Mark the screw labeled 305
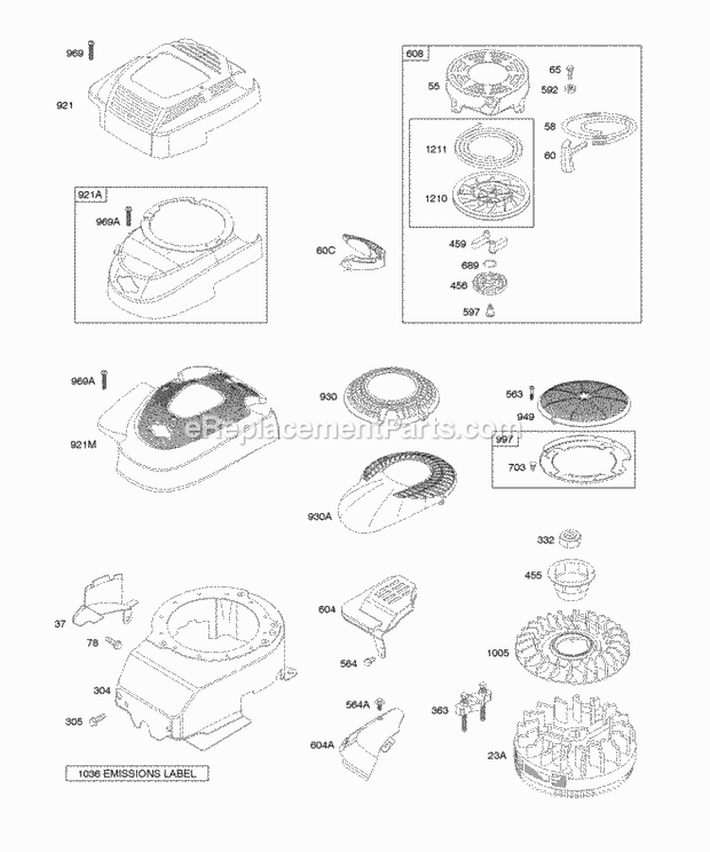coord(96,723)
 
